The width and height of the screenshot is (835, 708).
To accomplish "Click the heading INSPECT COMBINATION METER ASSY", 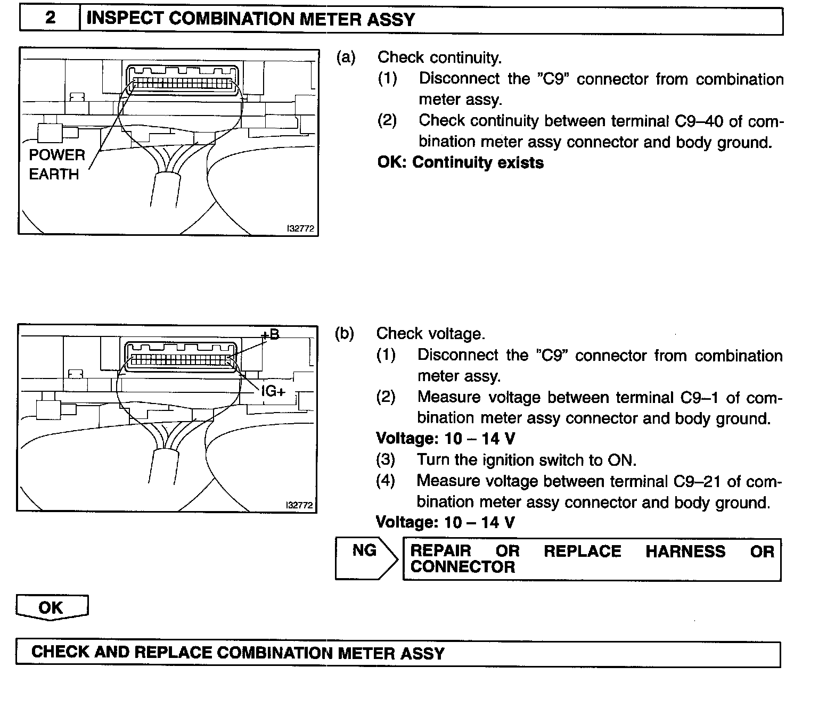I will (x=250, y=20).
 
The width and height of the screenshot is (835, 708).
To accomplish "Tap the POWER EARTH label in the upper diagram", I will (x=56, y=164).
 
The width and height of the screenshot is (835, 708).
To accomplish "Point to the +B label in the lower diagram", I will (x=270, y=335).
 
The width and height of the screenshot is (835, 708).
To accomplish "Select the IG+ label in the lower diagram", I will (x=273, y=392).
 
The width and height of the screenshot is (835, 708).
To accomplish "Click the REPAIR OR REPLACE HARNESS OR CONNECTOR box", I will (x=592, y=558).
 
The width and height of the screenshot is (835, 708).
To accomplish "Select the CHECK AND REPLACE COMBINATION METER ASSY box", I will (x=398, y=653).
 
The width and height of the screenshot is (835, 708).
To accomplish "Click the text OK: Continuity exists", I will (x=460, y=162).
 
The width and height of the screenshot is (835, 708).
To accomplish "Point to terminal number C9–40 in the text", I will (x=699, y=121).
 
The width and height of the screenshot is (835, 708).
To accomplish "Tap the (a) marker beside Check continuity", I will (x=346, y=57).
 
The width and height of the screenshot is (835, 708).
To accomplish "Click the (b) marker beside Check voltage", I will (x=345, y=334).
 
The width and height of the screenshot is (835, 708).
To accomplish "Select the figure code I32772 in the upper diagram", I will (x=300, y=229).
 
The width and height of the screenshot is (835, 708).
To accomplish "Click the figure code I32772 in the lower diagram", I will (x=299, y=505).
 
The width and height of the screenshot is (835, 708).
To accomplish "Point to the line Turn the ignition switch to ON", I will (x=526, y=460).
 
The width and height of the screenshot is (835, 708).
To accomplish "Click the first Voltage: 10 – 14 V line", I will (x=445, y=439).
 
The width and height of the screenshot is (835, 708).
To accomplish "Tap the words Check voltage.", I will (x=430, y=334).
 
